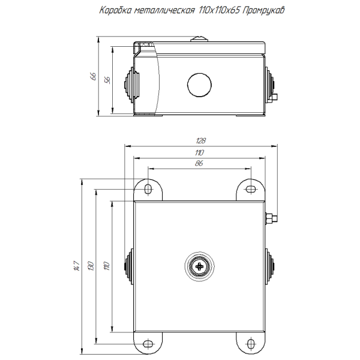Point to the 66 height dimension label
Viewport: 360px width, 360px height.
point(93,76)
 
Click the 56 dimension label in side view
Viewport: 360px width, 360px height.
point(108,80)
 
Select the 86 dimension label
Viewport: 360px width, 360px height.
point(199,164)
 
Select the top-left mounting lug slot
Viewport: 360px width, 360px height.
point(148,189)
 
